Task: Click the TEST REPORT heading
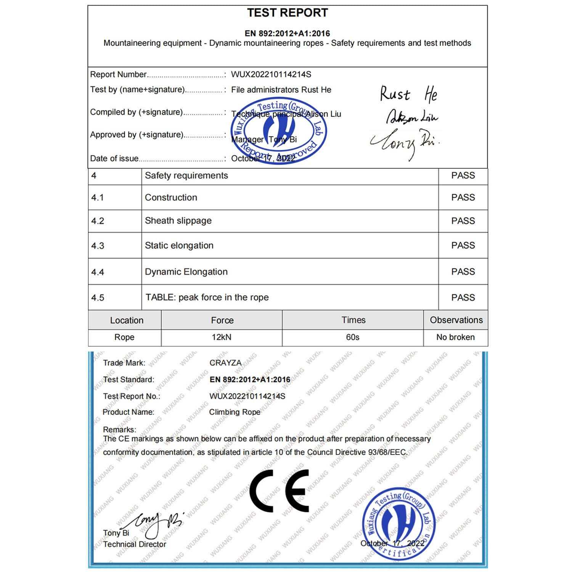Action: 287,13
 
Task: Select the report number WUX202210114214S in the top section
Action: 271,74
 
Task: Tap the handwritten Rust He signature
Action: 408,94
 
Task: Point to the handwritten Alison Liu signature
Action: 412,118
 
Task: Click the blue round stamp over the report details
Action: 279,132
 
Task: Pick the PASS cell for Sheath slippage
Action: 463,221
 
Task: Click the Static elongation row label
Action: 179,246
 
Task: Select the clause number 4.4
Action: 98,272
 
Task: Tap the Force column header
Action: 222,320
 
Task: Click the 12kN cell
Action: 222,337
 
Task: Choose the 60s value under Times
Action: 352,337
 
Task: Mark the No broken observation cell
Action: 455,337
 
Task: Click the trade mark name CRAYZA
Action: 225,363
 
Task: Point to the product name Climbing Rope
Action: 235,412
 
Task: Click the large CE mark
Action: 279,490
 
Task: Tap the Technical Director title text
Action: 135,544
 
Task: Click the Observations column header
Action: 456,320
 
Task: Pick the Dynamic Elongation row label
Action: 186,272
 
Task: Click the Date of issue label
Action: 114,159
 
